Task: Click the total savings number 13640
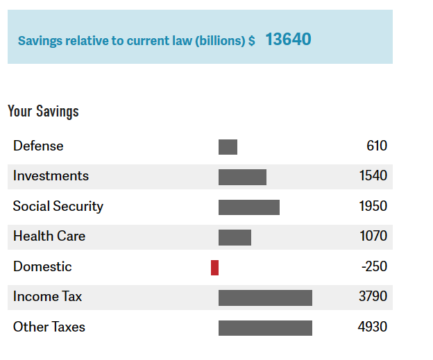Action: click(x=288, y=40)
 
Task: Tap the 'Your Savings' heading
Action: click(x=43, y=111)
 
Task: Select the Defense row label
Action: click(x=38, y=146)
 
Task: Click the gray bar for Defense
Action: click(x=228, y=146)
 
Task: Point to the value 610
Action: click(x=377, y=146)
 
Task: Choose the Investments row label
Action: click(x=51, y=176)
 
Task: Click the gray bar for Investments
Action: click(x=242, y=177)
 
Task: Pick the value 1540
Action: click(x=373, y=176)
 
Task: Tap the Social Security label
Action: click(x=58, y=206)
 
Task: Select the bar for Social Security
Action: click(x=249, y=207)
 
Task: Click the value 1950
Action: click(x=373, y=206)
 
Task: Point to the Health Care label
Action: click(x=49, y=237)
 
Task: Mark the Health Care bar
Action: click(x=235, y=237)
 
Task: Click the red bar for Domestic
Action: click(x=214, y=267)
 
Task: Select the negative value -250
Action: click(x=375, y=266)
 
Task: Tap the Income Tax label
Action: click(x=47, y=297)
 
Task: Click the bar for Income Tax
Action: click(x=265, y=298)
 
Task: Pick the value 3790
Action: click(x=373, y=297)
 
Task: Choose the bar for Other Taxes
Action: click(x=265, y=327)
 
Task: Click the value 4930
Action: click(x=373, y=327)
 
